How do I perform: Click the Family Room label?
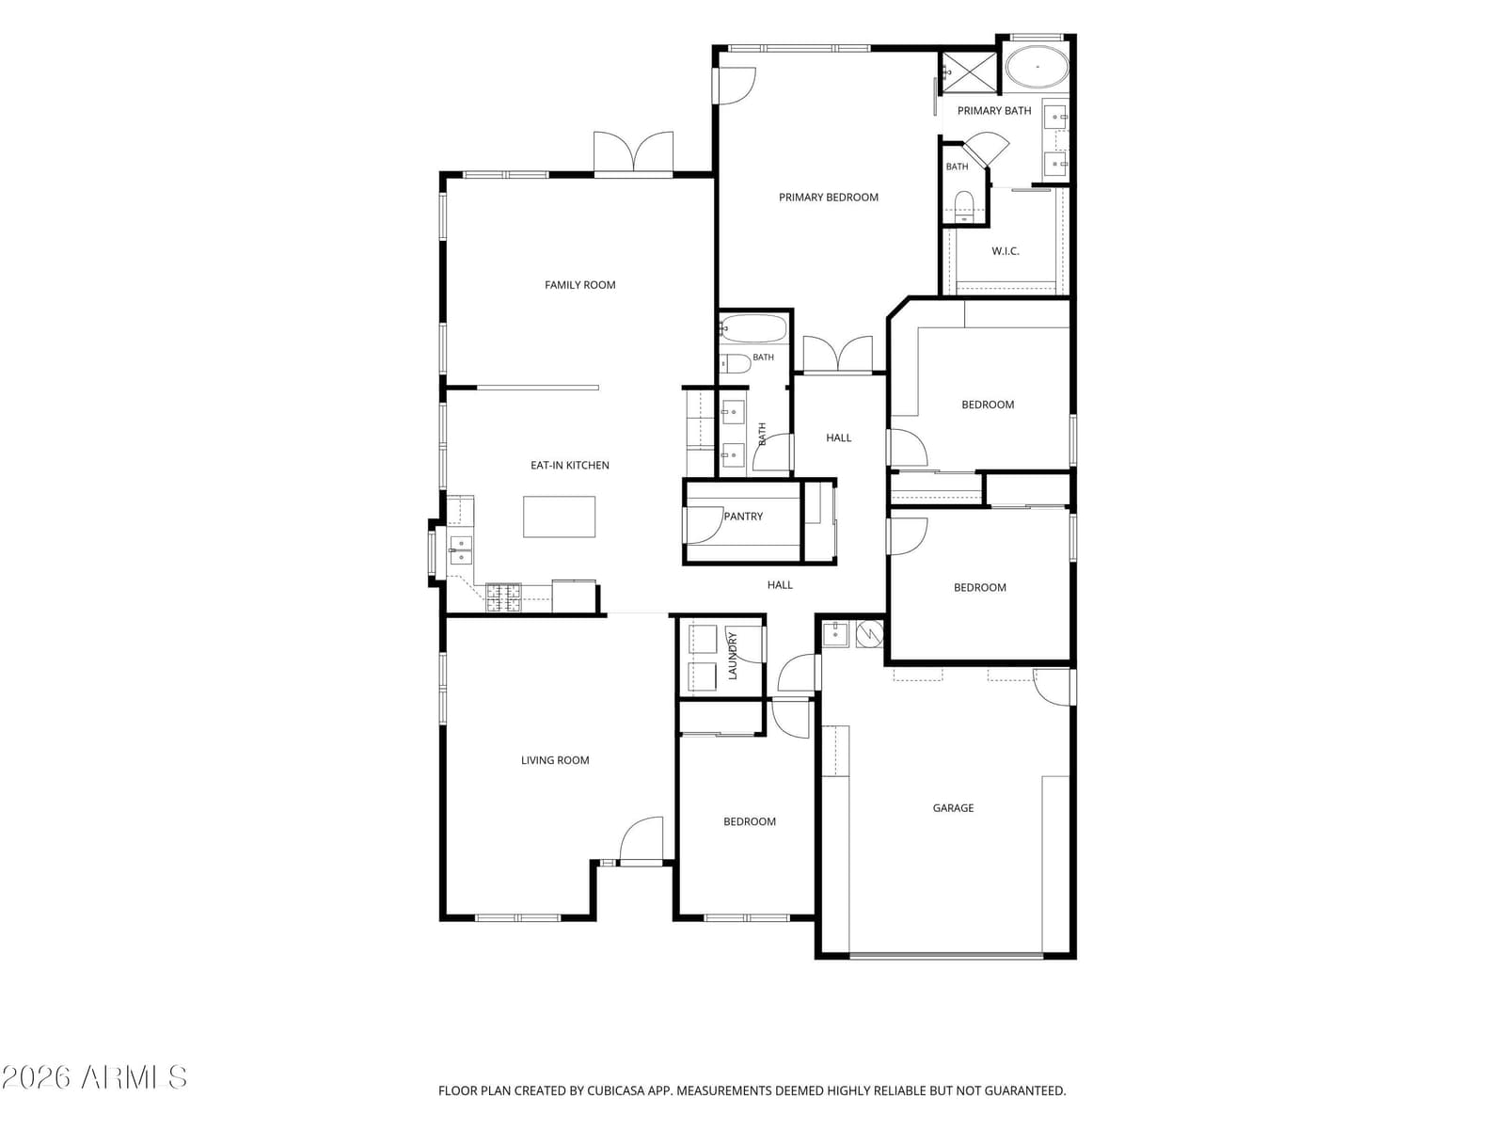(x=579, y=284)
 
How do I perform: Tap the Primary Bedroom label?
(x=829, y=198)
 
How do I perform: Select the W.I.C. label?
(x=1006, y=251)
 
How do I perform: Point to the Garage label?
(x=953, y=807)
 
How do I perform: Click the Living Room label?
(x=555, y=759)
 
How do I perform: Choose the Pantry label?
(x=743, y=517)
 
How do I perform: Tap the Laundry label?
(x=732, y=656)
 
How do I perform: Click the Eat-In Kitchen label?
(x=570, y=465)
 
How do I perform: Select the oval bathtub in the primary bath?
(x=1038, y=67)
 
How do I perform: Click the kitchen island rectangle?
(x=559, y=517)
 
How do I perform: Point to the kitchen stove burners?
(x=503, y=597)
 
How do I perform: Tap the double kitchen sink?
(x=461, y=549)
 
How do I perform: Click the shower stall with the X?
(x=968, y=71)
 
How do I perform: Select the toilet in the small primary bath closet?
(x=964, y=206)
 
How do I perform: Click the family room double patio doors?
(x=633, y=152)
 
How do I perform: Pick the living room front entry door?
(x=642, y=841)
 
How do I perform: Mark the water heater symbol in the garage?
(x=869, y=633)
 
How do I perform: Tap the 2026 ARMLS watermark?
(x=94, y=1078)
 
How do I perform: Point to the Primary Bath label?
(x=994, y=110)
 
